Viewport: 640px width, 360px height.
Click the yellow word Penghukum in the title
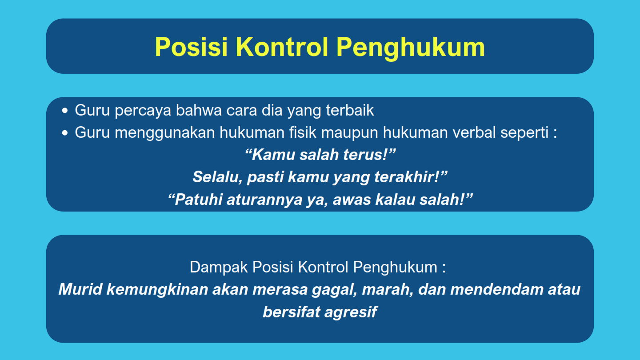(x=411, y=48)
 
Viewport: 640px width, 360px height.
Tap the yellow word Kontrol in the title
(x=282, y=47)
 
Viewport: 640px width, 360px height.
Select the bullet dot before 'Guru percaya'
(x=65, y=111)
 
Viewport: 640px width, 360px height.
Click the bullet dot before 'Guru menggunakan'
(x=65, y=133)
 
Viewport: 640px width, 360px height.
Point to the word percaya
(x=143, y=111)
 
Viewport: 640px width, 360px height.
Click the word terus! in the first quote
(x=369, y=155)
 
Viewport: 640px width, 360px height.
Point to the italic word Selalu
(x=218, y=177)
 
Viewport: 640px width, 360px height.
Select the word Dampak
(x=219, y=268)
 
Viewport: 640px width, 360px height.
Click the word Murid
(x=80, y=289)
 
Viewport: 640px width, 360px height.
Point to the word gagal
(x=334, y=290)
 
